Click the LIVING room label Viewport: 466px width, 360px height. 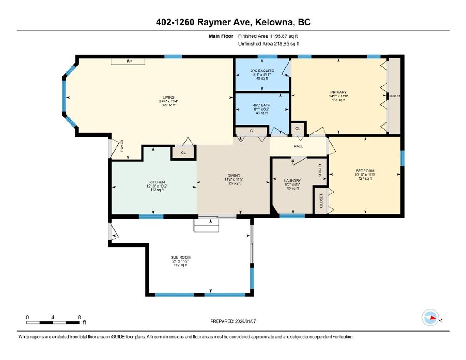(168, 97)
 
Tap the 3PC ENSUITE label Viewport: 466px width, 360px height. (262, 71)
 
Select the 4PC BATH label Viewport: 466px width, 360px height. (262, 105)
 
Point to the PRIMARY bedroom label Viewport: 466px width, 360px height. (339, 92)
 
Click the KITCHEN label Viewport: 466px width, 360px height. (157, 182)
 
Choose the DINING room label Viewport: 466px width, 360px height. (234, 176)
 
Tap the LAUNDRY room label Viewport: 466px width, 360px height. (293, 181)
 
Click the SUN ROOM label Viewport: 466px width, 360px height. (181, 258)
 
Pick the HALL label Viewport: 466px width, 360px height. (298, 146)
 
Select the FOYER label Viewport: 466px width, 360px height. (122, 146)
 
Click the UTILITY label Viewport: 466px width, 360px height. (320, 170)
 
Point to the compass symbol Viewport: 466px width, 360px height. (431, 318)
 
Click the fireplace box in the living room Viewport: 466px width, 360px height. (128, 61)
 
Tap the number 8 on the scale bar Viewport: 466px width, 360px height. (79, 317)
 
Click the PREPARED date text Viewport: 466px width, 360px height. (233, 321)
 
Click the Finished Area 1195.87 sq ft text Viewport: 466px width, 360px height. (268, 36)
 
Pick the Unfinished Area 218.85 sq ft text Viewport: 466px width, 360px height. (269, 44)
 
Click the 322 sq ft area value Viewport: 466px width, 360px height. (168, 105)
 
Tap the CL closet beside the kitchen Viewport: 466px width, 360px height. (183, 153)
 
